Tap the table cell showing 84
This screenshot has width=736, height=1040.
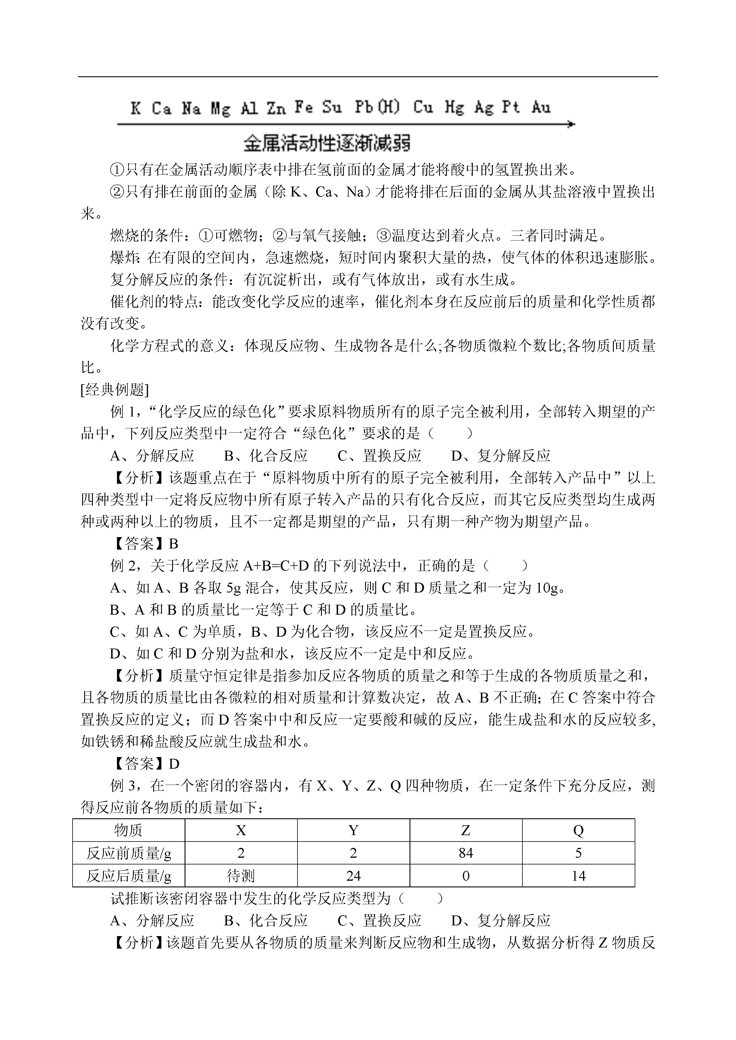coord(466,853)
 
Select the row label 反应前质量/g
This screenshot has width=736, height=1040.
coord(129,853)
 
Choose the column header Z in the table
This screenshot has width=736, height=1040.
coord(466,830)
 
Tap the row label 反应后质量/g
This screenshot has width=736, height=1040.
coord(129,875)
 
